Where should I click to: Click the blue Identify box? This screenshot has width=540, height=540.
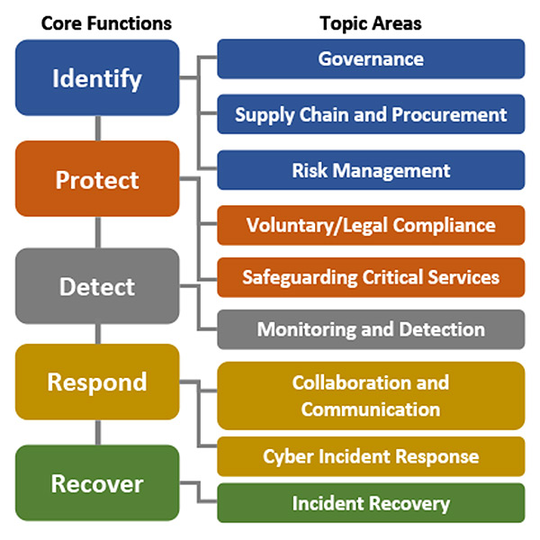[x=97, y=77]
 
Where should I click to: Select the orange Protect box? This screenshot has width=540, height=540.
[x=97, y=179]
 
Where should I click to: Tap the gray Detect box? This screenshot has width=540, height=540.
[x=97, y=286]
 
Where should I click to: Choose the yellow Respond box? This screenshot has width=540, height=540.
[x=97, y=382]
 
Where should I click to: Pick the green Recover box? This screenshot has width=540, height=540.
[x=97, y=483]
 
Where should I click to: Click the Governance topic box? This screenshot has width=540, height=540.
[x=371, y=58]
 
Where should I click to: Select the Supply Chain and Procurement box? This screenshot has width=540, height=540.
[x=371, y=114]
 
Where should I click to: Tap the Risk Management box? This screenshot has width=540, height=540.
[x=371, y=169]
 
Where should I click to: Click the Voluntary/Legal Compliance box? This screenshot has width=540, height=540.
[x=371, y=225]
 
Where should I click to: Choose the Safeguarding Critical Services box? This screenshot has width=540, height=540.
[x=371, y=276]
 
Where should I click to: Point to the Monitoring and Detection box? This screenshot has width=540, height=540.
[x=371, y=329]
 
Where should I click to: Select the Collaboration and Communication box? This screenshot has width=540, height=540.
[x=371, y=395]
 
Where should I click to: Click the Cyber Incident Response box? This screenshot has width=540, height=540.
[x=371, y=456]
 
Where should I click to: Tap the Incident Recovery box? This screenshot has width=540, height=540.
[x=371, y=503]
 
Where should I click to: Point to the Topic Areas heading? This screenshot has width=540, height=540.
[x=370, y=22]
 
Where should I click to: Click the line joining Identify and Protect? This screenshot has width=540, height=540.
[x=97, y=129]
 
